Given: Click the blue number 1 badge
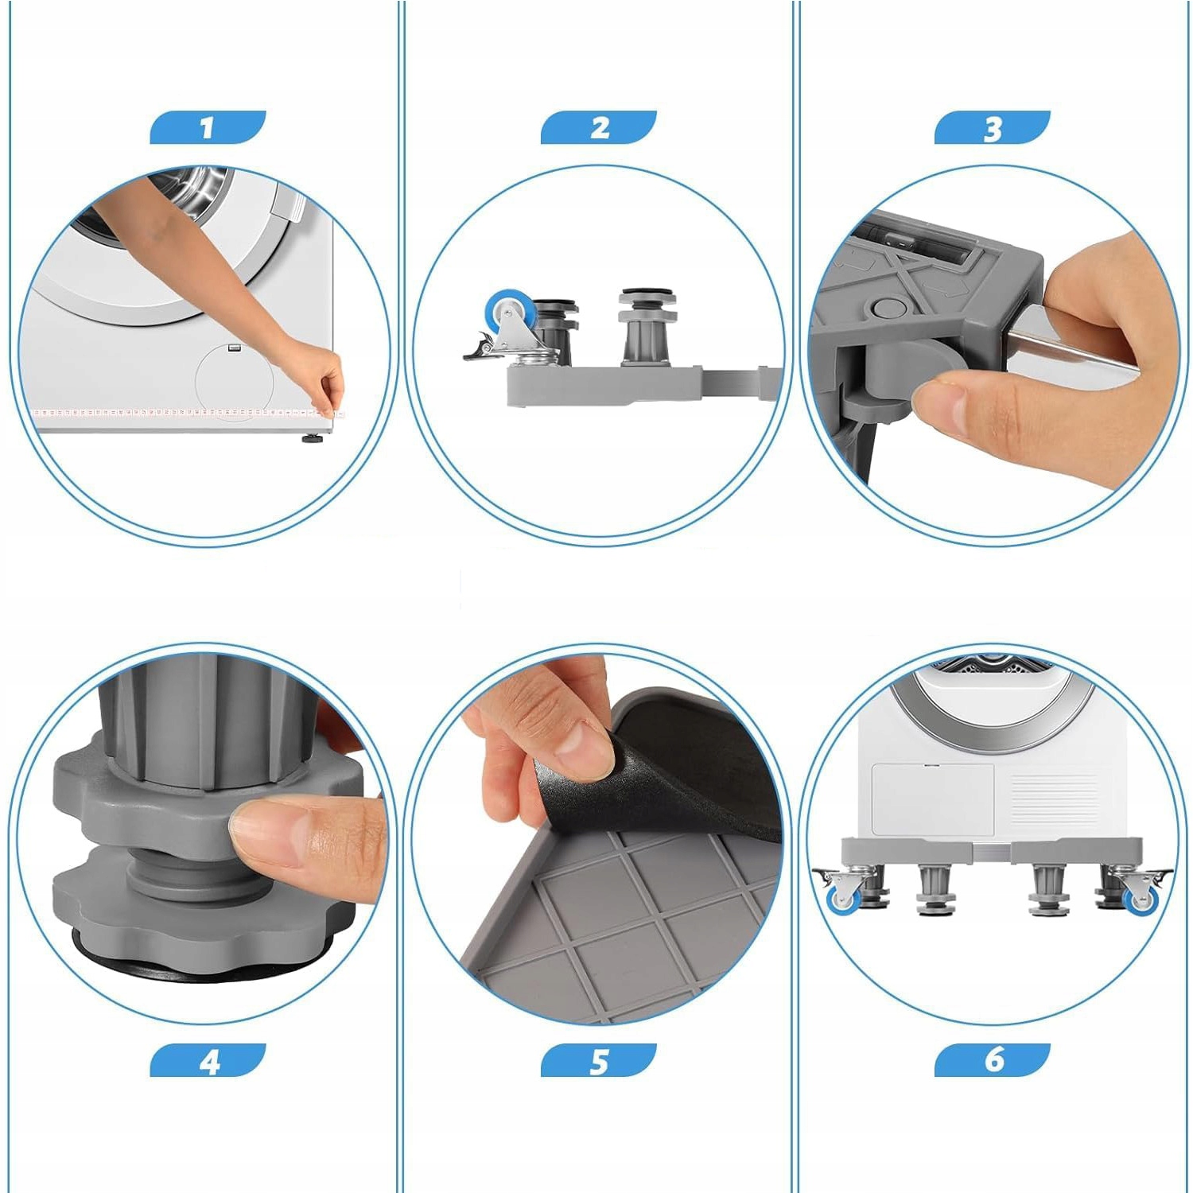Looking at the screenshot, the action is pos(208,127).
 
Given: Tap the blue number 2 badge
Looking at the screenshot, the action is pos(599,127).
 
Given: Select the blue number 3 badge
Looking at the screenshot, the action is pos(993,127).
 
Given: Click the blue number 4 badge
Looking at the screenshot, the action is pos(208,1060).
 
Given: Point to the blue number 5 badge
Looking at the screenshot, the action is pos(599,1060).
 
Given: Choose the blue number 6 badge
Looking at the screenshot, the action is pos(993,1060).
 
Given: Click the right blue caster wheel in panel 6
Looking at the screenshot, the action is pos(1140,899).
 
